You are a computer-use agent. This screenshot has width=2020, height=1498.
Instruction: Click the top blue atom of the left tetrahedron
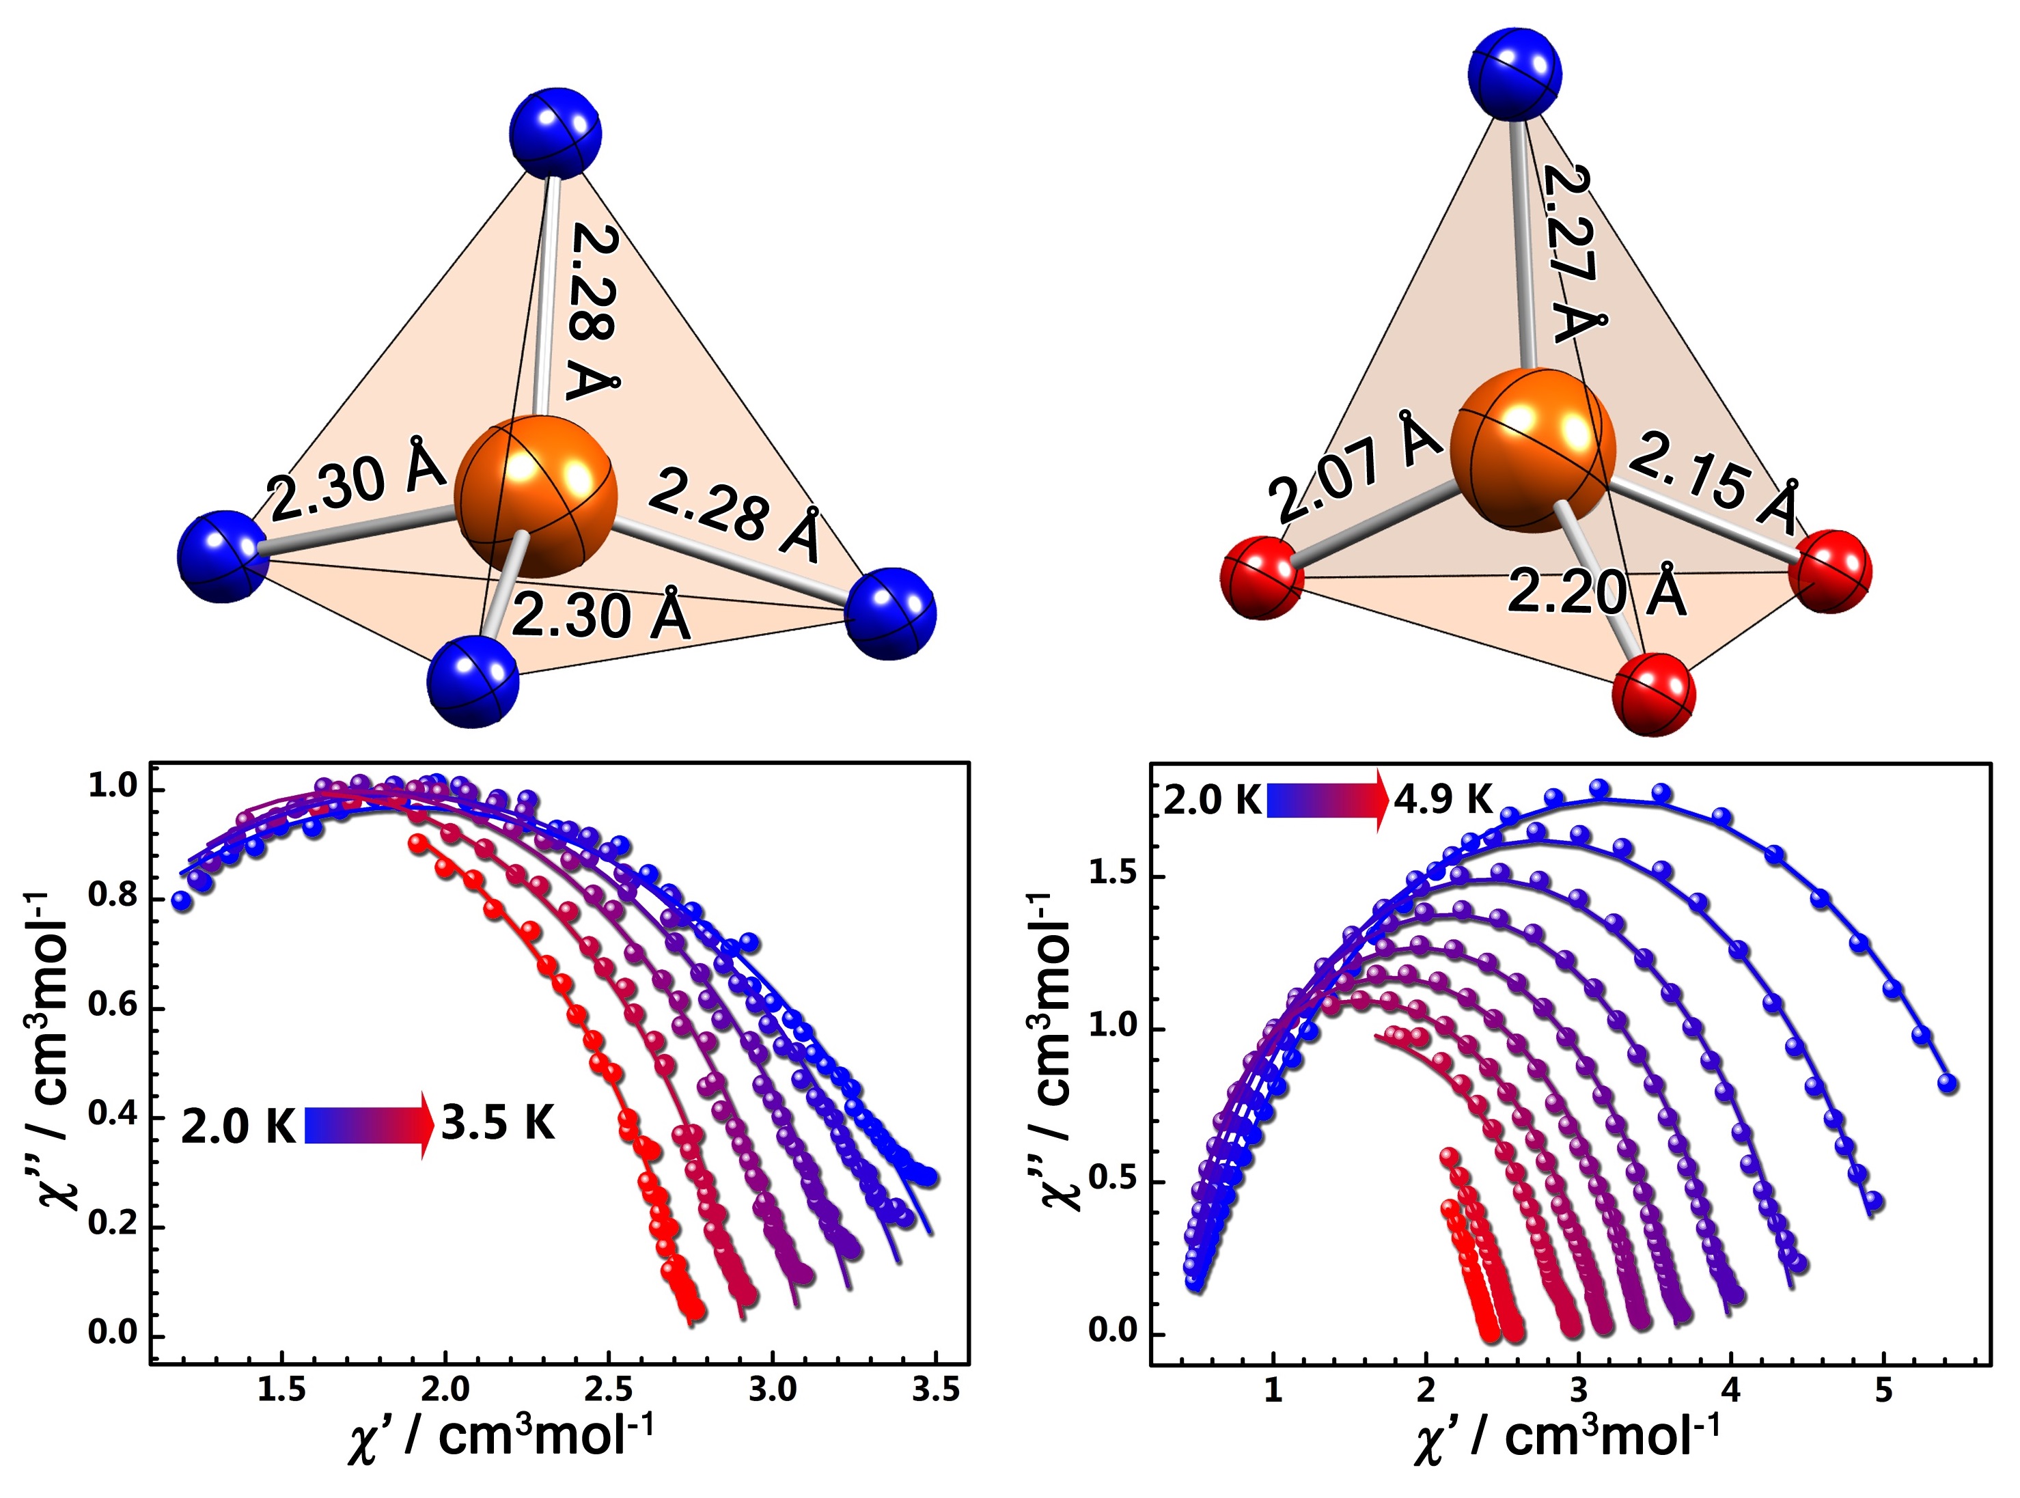pos(555,133)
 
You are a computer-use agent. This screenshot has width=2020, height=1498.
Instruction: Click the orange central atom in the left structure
pos(536,496)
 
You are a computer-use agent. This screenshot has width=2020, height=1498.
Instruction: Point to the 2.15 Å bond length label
pos(1713,485)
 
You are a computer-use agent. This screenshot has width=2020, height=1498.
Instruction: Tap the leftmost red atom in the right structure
pos(1262,577)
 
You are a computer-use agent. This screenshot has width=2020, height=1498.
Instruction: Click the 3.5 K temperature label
pos(498,1124)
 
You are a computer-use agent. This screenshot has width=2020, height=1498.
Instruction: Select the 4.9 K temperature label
pos(1443,800)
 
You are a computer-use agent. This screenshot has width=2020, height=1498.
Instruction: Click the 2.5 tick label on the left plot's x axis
pos(609,1389)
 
